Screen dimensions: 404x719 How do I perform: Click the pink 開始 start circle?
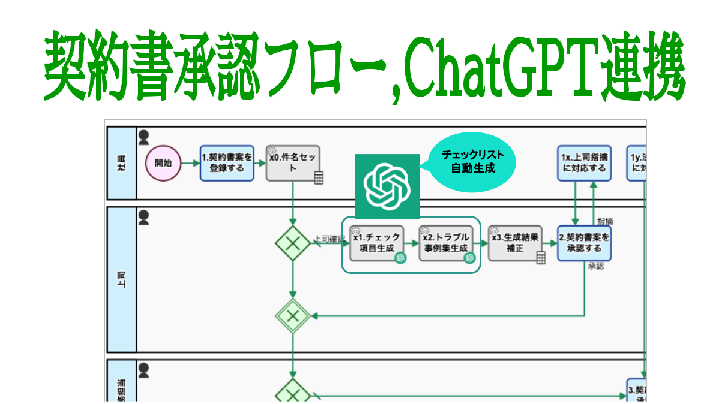[x=163, y=162]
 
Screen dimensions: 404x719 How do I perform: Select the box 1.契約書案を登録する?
[x=227, y=162]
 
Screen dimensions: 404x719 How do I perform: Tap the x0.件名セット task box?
[x=293, y=162]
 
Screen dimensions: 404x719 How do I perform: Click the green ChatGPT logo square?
[x=387, y=186]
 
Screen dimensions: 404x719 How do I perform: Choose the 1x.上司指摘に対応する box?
[x=585, y=162]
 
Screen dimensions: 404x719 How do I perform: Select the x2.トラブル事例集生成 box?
[x=445, y=243]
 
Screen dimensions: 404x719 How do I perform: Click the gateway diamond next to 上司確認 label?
[x=293, y=243]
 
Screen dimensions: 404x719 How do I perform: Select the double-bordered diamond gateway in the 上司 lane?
[x=293, y=315]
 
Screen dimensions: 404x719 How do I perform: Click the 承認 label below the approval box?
[x=596, y=266]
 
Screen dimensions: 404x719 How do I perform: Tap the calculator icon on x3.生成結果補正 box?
[x=541, y=258]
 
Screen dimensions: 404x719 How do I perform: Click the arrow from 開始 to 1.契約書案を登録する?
[x=190, y=163]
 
